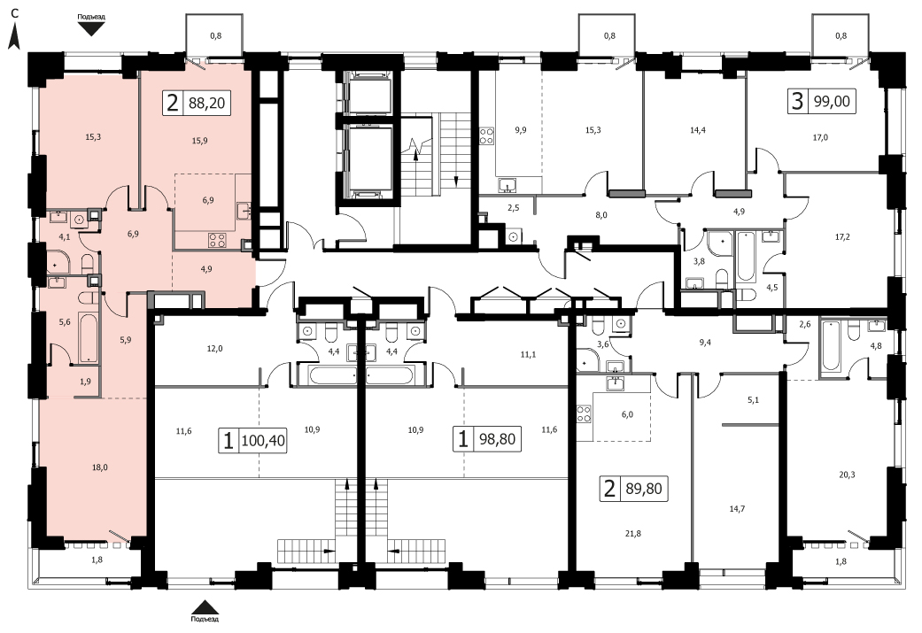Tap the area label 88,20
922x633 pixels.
(x=206, y=104)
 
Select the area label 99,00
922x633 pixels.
(x=832, y=101)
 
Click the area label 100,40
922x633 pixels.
(x=263, y=440)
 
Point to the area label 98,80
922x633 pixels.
(x=498, y=440)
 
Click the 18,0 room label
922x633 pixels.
(x=99, y=467)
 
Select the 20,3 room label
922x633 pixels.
(x=847, y=475)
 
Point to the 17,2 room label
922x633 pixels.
(x=842, y=237)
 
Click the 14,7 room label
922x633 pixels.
(x=737, y=508)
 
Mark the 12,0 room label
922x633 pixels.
(x=214, y=349)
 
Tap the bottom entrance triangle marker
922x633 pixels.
(x=205, y=607)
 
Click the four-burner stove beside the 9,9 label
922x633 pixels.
(x=487, y=135)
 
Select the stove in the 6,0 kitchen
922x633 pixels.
(x=584, y=413)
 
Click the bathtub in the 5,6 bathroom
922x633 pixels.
(x=89, y=338)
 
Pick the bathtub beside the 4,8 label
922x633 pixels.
(x=831, y=345)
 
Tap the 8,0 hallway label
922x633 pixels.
(x=601, y=215)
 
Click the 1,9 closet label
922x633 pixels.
(x=85, y=382)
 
